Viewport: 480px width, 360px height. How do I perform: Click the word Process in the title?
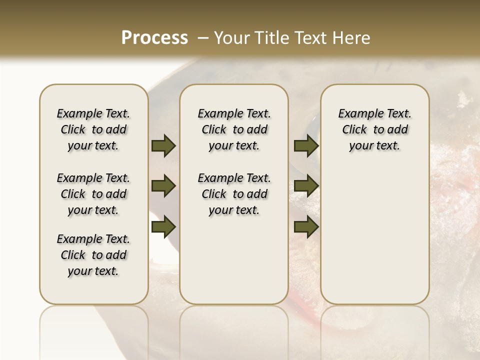(x=154, y=37)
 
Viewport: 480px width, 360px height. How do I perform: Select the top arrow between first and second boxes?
(x=163, y=145)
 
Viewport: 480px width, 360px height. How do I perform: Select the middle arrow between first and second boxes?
(x=163, y=186)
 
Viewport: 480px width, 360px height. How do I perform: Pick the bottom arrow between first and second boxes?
(x=163, y=226)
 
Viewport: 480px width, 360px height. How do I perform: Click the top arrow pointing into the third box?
(x=306, y=145)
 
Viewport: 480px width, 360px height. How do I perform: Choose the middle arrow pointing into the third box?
(x=306, y=186)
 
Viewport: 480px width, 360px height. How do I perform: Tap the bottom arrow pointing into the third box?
(x=306, y=226)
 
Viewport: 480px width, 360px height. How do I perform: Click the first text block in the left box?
(x=93, y=129)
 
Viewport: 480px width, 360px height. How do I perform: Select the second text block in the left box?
(x=93, y=194)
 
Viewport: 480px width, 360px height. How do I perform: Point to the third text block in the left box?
(x=93, y=255)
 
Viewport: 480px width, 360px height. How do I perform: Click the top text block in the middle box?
(x=234, y=129)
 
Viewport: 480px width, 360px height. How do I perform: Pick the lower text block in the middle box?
(x=234, y=194)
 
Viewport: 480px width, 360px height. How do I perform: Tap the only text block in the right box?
(x=374, y=129)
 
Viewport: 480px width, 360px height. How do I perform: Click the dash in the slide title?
(x=203, y=38)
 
